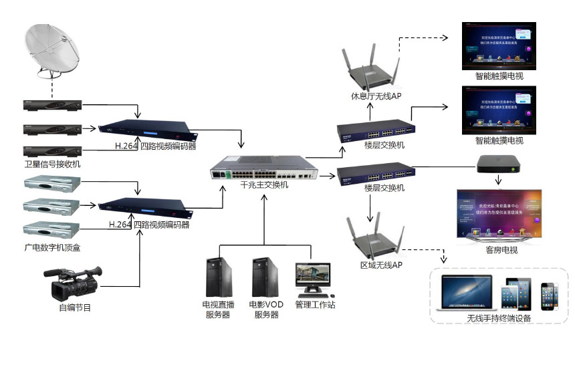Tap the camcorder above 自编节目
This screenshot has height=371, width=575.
pos(74,283)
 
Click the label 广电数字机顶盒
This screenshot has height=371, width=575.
pos(52,248)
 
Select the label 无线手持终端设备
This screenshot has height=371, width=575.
pos(499,318)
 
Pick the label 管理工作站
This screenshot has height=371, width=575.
pos(315,305)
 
